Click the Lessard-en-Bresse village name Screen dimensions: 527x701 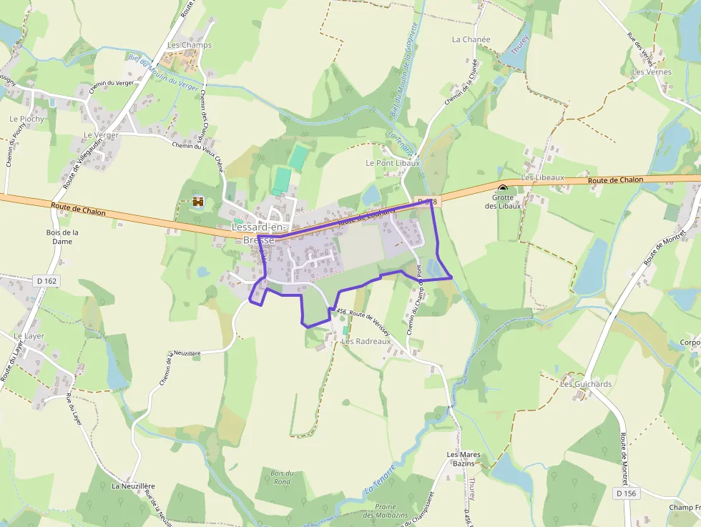(x=258, y=233)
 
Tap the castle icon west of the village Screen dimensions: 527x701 (x=198, y=202)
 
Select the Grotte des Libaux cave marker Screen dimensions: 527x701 (x=503, y=189)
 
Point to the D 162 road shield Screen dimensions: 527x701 (x=44, y=281)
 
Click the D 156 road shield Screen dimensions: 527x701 (x=625, y=493)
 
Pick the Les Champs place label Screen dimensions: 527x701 (x=190, y=45)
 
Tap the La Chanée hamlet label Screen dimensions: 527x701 (x=471, y=40)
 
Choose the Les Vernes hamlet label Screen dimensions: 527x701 (x=652, y=72)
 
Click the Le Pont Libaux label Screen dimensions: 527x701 (x=392, y=163)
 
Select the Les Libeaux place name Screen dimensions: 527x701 (x=543, y=177)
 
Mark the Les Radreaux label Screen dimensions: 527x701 (x=366, y=342)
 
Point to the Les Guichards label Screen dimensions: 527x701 (x=586, y=384)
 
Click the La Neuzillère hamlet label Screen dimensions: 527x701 (x=133, y=486)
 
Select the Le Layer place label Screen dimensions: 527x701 (x=29, y=336)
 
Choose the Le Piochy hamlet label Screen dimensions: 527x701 (x=27, y=119)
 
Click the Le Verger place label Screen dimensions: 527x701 (x=101, y=135)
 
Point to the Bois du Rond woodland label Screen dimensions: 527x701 (x=283, y=477)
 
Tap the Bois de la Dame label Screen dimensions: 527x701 (x=62, y=237)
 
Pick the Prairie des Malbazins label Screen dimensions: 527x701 (x=379, y=511)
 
